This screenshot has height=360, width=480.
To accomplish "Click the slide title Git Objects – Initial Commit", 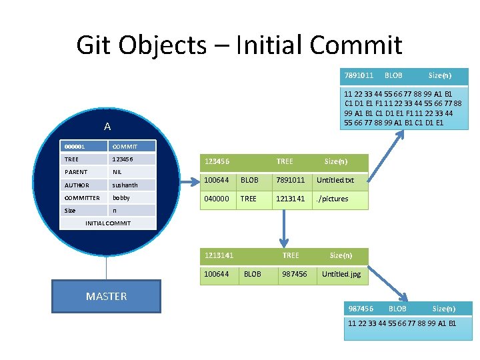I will (239, 45).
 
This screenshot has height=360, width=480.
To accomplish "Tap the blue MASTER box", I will (106, 297).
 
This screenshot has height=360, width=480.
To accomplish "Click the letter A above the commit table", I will (107, 127).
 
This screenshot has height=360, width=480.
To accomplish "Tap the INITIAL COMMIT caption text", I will (109, 223).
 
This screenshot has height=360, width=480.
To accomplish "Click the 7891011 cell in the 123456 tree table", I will (291, 180).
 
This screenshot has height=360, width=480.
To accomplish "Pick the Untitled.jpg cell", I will (341, 274).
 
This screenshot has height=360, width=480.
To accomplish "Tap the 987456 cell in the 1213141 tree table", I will (295, 274).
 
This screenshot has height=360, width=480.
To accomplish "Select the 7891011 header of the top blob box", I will (359, 75).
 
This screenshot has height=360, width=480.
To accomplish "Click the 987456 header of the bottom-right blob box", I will (361, 309).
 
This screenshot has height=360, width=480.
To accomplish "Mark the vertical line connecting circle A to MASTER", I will (106, 267).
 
